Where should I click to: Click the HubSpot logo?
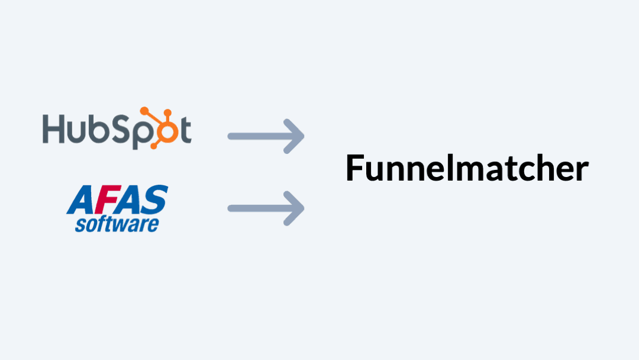click(x=117, y=128)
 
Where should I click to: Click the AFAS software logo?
click(x=117, y=208)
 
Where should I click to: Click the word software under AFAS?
click(x=117, y=224)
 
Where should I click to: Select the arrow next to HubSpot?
click(x=266, y=136)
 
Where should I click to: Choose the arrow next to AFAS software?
click(x=266, y=208)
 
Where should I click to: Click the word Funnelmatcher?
click(x=467, y=169)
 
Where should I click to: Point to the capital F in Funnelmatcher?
click(x=354, y=169)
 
